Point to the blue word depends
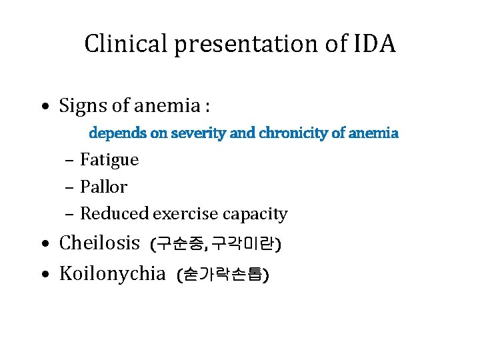(x=119, y=133)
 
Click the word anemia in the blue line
(x=373, y=133)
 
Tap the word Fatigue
(x=109, y=160)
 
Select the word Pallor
(x=103, y=187)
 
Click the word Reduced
(x=115, y=214)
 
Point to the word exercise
(x=186, y=214)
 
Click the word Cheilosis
(x=99, y=243)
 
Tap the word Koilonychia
(x=112, y=273)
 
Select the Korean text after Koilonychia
(x=222, y=274)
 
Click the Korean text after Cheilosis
(x=217, y=244)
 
